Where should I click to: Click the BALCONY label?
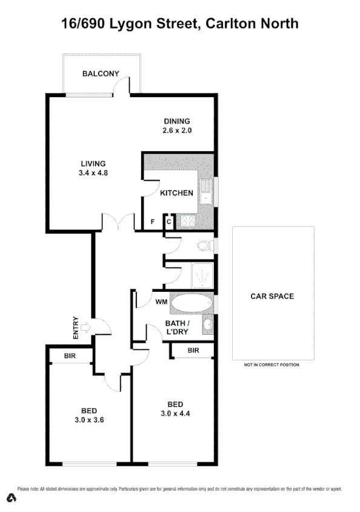[x=101, y=74]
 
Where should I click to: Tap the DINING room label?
[x=176, y=121]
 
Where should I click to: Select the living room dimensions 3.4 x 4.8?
[x=93, y=172]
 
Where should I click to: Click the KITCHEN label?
[x=176, y=194]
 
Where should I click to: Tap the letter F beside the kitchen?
[x=153, y=222]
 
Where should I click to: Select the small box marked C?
[x=169, y=222]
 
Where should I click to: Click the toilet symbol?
[x=205, y=246]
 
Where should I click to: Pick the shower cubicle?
[x=202, y=276]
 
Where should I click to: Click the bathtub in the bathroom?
[x=191, y=302]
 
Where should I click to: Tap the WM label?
[x=161, y=301]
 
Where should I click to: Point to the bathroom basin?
[x=207, y=325]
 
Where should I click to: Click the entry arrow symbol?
[x=85, y=328]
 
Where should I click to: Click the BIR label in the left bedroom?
[x=70, y=356]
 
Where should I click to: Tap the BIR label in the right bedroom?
[x=193, y=351]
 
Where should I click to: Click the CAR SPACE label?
[x=272, y=297]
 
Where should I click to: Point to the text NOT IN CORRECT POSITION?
[x=272, y=365]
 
